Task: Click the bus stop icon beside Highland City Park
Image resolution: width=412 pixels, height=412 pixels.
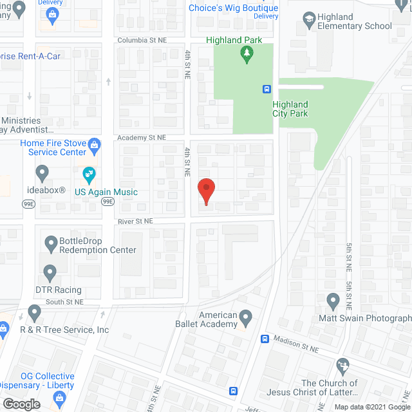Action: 265,89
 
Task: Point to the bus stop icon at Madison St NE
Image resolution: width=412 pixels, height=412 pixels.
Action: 264,339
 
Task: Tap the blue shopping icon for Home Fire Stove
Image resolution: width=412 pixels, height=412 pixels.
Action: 95,144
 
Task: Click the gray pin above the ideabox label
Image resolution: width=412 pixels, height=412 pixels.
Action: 42,173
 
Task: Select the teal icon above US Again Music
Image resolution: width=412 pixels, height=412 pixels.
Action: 89,174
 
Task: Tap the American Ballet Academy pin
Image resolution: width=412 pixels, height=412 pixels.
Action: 245,317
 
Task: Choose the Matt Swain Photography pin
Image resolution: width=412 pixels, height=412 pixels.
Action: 333,301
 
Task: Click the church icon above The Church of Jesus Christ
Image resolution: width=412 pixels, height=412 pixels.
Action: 343,365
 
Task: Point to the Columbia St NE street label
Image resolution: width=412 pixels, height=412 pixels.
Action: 142,40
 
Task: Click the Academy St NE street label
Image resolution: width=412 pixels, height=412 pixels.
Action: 142,138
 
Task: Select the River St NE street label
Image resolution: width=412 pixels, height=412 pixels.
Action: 135,221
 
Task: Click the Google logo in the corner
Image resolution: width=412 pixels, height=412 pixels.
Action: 21,404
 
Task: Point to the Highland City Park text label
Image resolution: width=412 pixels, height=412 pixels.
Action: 290,109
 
